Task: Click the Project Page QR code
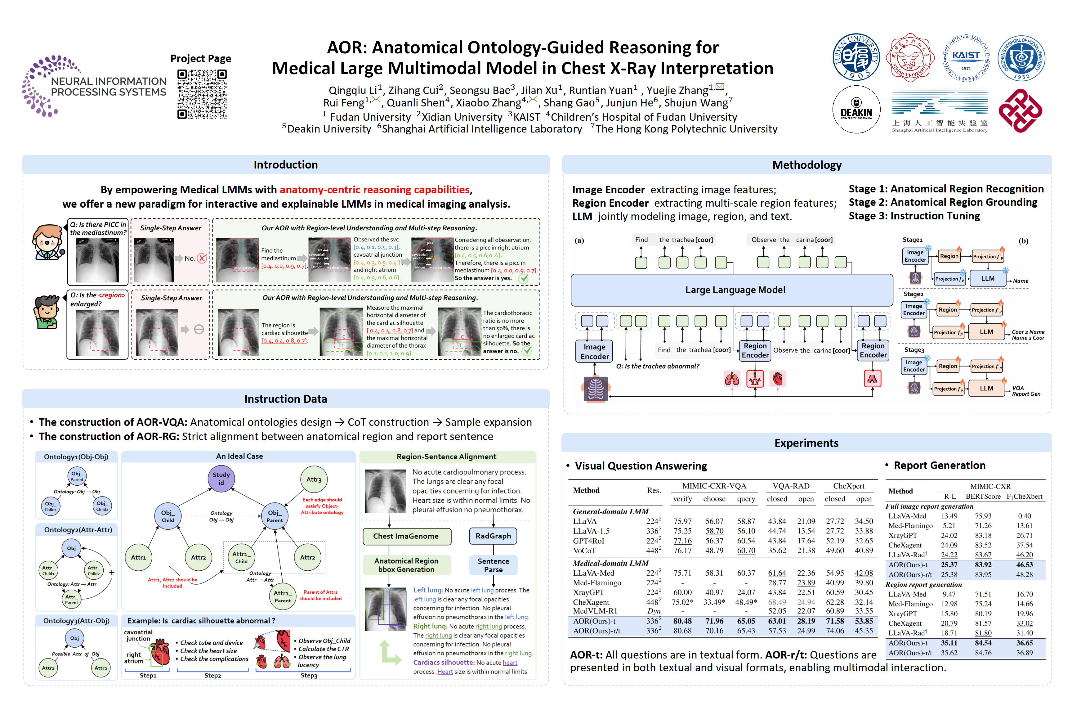coord(202,94)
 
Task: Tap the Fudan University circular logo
coord(856,57)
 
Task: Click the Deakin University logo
coord(856,110)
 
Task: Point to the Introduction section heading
coord(285,164)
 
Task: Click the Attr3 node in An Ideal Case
coord(314,480)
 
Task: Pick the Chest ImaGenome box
coord(406,536)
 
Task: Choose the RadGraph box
coord(493,536)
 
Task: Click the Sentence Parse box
coord(493,565)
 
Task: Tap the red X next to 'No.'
coord(202,259)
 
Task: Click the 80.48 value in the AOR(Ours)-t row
coord(682,621)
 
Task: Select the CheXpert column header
coord(848,486)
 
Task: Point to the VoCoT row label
coord(584,551)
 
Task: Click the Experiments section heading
coord(806,443)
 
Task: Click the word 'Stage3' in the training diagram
coord(914,350)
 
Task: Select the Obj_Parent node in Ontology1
coord(77,476)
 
